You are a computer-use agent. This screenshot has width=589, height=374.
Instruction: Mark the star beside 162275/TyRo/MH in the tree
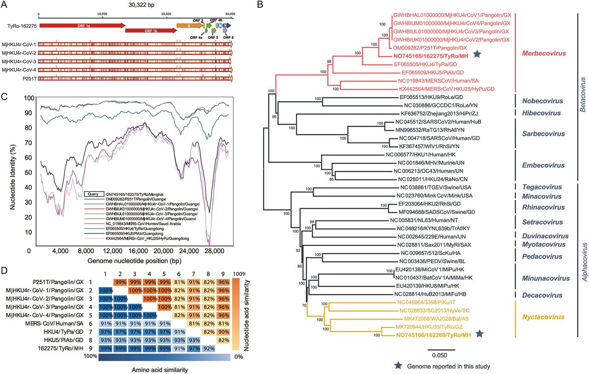click(475, 56)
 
